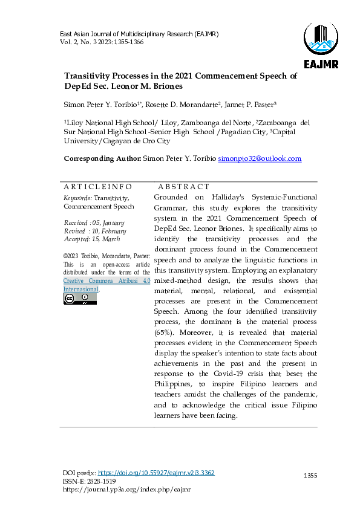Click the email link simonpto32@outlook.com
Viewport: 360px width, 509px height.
(x=260, y=158)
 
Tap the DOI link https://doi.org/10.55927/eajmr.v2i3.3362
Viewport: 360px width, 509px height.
(x=156, y=473)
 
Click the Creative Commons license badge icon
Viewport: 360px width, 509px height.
(x=80, y=299)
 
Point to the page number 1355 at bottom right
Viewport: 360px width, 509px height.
(x=310, y=476)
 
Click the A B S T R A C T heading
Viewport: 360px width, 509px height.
(x=183, y=187)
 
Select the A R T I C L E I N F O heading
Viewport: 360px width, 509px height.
(x=97, y=187)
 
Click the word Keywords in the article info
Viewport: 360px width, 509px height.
(x=77, y=198)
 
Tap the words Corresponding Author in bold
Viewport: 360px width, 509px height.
(x=102, y=158)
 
